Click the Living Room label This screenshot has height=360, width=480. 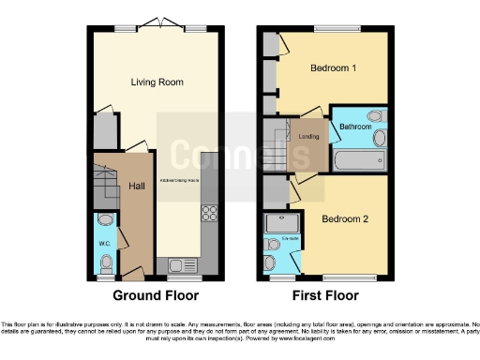click(157, 82)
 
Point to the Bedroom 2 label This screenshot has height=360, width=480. click(345, 219)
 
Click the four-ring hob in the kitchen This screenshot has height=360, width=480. click(210, 214)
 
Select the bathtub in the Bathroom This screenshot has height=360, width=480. click(357, 160)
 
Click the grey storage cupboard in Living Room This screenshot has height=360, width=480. click(103, 130)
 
